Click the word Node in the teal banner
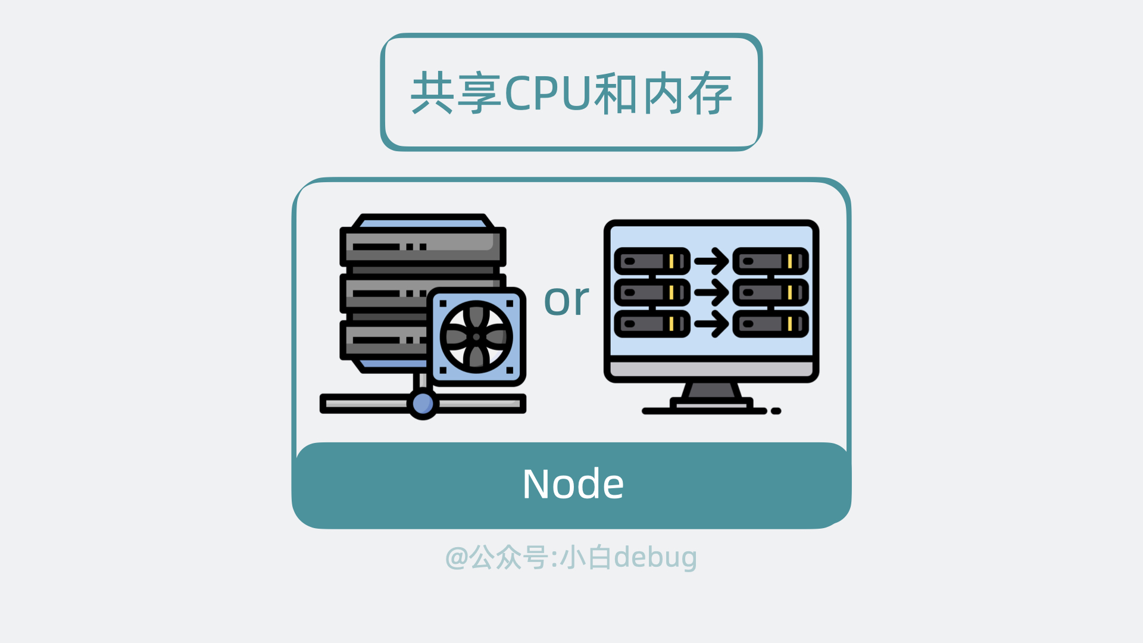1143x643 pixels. click(573, 483)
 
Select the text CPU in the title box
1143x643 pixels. click(548, 93)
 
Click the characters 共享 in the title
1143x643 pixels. click(455, 93)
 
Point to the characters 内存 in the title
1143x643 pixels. click(688, 93)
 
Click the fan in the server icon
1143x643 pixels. click(476, 337)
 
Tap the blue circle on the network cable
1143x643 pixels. click(423, 404)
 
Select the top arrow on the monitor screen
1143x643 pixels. click(711, 261)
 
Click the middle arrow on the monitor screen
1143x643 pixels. click(711, 292)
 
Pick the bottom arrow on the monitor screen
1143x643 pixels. click(711, 324)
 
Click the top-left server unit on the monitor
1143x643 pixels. click(652, 261)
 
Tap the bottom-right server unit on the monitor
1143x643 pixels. click(770, 324)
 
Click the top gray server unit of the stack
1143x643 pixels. click(423, 246)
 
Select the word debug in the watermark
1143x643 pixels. click(655, 558)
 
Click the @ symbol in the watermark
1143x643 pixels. click(457, 558)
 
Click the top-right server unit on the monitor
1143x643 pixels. click(770, 261)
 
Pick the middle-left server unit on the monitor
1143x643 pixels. click(652, 292)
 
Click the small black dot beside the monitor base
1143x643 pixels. click(776, 411)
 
